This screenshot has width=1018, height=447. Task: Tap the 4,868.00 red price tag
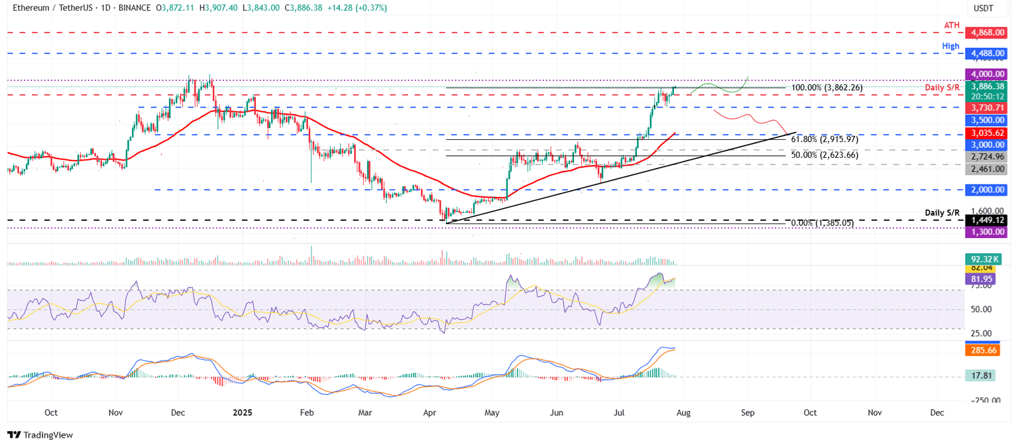(x=988, y=32)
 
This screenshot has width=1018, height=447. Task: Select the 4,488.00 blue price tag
(x=988, y=53)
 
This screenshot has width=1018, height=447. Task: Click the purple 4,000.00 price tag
(x=988, y=74)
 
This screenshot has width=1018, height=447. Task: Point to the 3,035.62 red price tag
(x=988, y=133)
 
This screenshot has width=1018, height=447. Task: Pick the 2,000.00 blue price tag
(x=988, y=190)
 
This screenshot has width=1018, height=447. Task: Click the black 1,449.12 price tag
(x=988, y=220)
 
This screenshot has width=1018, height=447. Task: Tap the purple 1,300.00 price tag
(x=988, y=231)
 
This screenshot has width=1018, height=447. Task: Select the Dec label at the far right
(x=936, y=413)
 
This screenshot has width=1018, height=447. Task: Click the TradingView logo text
(x=40, y=435)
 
